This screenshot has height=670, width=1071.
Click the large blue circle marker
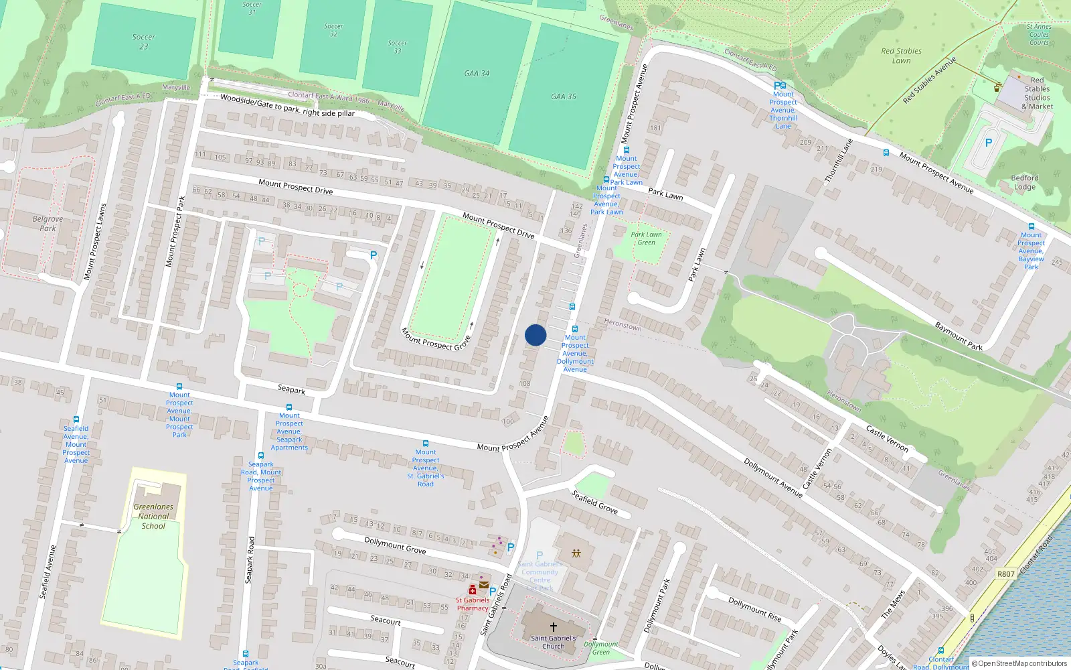click(535, 335)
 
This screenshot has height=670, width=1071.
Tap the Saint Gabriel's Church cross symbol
click(553, 627)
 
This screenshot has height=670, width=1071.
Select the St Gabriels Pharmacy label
click(473, 604)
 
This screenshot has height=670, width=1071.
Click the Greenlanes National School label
click(153, 517)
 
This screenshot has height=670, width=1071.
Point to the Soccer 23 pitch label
click(144, 42)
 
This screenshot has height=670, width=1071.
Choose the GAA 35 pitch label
click(564, 96)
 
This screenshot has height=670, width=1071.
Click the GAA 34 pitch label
click(477, 73)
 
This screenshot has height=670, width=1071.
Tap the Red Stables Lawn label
click(901, 56)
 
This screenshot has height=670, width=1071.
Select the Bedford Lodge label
click(1024, 182)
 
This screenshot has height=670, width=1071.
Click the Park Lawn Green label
click(646, 239)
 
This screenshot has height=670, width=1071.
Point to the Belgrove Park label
click(48, 223)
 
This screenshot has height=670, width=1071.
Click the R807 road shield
click(1005, 574)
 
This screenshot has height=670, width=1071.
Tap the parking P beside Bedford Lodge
click(989, 143)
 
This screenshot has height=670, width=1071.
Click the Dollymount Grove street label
click(395, 545)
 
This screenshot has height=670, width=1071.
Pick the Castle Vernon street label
click(887, 438)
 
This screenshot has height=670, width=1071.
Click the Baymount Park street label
click(959, 336)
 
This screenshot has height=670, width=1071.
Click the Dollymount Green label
click(601, 648)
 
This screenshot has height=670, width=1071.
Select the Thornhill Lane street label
click(838, 161)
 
